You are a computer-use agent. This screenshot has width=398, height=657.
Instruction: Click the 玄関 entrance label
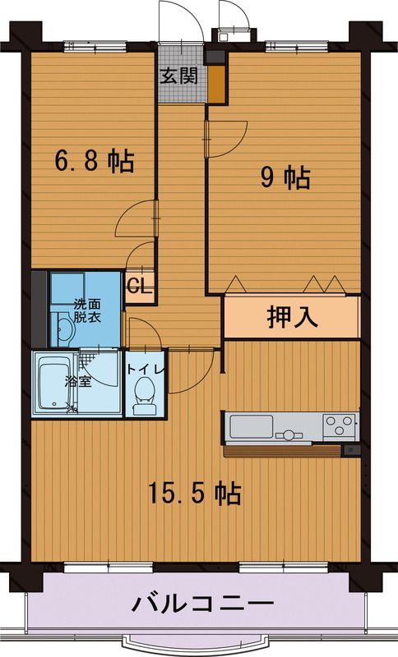(179, 76)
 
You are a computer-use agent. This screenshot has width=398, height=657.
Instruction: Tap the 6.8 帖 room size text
(95, 161)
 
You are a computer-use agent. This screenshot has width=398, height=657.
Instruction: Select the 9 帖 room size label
(285, 177)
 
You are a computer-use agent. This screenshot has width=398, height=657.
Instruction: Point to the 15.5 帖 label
(194, 493)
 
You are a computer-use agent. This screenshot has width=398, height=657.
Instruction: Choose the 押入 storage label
(291, 317)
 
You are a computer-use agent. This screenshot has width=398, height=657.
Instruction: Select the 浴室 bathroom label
(77, 382)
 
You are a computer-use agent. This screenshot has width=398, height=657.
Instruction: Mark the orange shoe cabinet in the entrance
(215, 85)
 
